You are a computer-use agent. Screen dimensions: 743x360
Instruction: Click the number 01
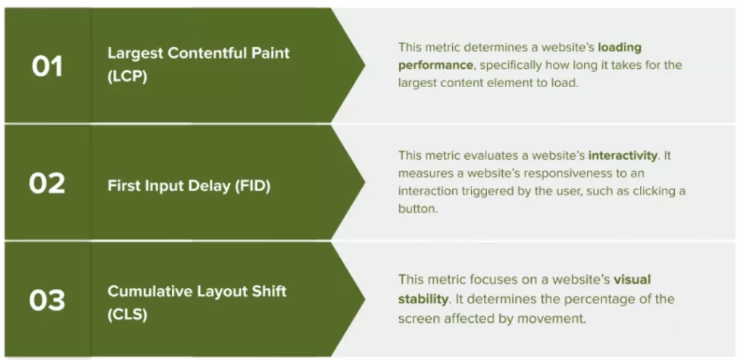(47, 66)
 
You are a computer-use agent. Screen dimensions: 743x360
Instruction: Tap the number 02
(47, 184)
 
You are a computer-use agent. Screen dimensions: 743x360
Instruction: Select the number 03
(47, 300)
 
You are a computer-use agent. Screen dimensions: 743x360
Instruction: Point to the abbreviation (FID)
(253, 186)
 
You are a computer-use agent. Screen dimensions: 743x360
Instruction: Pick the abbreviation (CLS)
(127, 314)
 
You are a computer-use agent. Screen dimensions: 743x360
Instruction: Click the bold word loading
(620, 48)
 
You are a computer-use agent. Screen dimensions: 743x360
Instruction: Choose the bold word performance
(435, 65)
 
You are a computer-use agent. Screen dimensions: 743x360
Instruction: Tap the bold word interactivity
(623, 155)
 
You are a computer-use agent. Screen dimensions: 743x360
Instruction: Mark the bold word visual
(632, 279)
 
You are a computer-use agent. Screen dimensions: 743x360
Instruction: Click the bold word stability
(423, 299)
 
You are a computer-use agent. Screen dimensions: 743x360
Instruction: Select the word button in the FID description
(418, 209)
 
